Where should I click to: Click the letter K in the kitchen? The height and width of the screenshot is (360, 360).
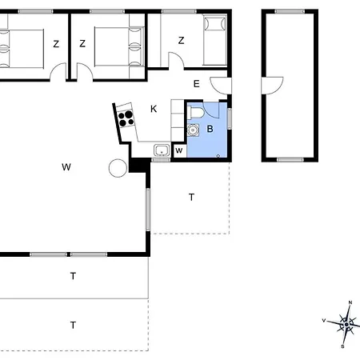point(154,109)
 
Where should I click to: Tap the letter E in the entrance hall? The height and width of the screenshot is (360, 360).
point(196,84)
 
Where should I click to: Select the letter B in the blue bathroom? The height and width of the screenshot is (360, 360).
point(210,129)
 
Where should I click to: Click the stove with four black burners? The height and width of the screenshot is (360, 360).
point(126,118)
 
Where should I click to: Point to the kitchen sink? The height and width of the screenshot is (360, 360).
point(162,150)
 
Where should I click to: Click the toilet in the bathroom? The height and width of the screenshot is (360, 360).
point(196,112)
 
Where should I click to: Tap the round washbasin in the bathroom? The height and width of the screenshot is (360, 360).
point(193,130)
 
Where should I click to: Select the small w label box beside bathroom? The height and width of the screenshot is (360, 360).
point(179,150)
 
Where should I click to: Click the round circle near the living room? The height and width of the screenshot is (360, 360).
point(118,168)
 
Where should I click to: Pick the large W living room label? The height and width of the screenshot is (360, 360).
point(66,167)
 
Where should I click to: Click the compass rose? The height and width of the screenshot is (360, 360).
point(346,325)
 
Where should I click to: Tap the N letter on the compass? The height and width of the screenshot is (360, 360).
point(350,302)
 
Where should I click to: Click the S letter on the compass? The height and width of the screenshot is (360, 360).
point(342,346)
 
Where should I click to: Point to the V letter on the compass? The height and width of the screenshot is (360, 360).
point(324,321)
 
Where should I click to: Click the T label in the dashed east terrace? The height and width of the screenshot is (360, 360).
point(191,197)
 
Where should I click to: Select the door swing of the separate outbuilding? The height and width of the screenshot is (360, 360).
point(272,86)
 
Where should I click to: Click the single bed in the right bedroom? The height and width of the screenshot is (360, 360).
point(215,40)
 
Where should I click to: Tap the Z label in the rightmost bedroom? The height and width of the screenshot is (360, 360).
point(182,41)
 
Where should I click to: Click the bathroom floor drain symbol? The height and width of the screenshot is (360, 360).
point(218,156)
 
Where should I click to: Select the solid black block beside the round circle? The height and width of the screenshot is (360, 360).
point(139,166)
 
